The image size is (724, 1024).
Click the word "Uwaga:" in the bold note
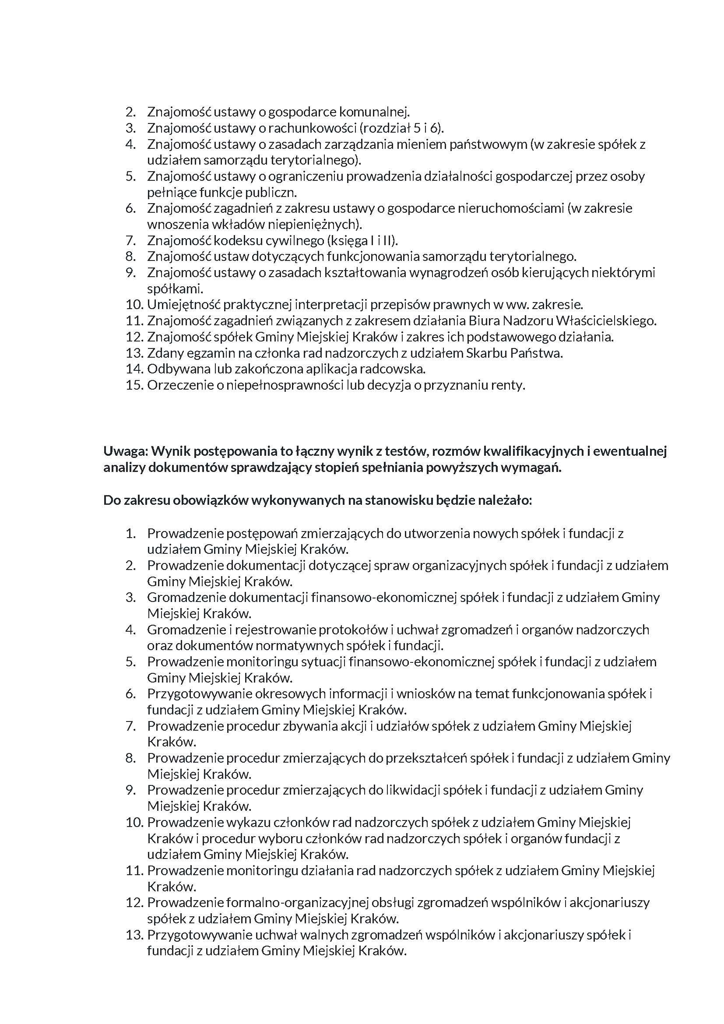coord(125,451)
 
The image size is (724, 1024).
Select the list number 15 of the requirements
coord(134,385)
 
